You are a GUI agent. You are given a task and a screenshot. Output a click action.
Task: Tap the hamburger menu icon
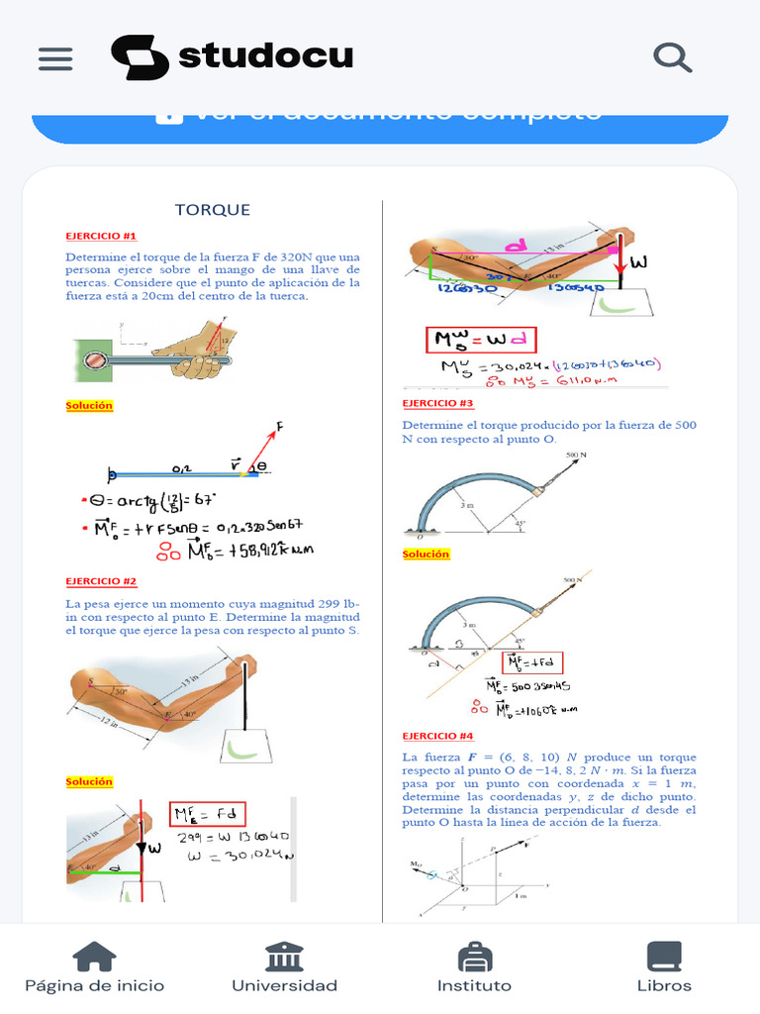[55, 58]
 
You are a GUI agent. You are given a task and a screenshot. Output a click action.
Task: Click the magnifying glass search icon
[673, 57]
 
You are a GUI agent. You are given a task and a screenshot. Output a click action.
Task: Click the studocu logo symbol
[140, 57]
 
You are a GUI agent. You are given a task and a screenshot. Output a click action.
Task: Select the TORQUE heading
[213, 210]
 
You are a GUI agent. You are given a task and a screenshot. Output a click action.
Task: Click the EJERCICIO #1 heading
[101, 236]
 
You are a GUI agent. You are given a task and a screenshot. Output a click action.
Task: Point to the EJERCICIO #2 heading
[101, 581]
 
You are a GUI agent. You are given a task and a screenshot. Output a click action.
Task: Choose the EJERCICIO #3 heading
[437, 403]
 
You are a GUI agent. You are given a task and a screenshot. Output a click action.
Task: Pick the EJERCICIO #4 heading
[437, 736]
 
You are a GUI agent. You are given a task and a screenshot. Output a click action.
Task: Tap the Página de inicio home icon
[95, 957]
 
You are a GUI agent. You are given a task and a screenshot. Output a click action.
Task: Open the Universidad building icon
[284, 957]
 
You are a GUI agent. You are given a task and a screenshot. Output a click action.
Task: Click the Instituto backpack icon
[475, 957]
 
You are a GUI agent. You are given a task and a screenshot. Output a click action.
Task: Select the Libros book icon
[664, 957]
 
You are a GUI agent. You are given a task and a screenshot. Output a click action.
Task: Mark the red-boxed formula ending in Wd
[481, 341]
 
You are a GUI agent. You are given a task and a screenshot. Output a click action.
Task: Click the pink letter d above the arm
[516, 245]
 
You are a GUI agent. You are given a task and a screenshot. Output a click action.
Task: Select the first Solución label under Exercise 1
[89, 405]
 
